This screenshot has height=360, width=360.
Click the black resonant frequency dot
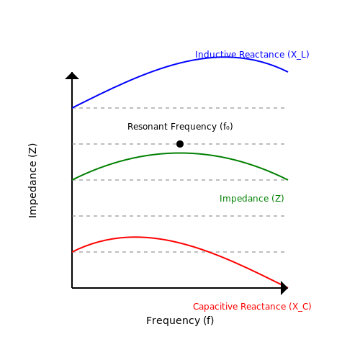click(180, 144)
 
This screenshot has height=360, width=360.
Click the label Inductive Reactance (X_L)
click(252, 55)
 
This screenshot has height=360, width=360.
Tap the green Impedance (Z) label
click(252, 199)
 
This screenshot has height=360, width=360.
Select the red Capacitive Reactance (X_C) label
click(252, 307)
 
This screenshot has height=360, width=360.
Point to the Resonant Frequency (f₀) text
click(180, 127)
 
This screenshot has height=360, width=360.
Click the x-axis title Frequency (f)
click(180, 320)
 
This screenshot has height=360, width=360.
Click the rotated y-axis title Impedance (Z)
click(33, 181)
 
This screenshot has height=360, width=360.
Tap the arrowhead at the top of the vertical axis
click(72, 76)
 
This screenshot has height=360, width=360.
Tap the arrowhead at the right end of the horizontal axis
click(284, 288)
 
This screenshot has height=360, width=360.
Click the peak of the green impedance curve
click(179, 153)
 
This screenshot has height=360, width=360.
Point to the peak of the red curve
click(134, 237)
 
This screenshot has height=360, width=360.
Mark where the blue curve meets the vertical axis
click(72, 108)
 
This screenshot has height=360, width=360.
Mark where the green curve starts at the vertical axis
click(72, 180)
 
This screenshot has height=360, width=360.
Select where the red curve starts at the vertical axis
click(72, 252)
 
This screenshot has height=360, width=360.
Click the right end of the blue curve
click(287, 72)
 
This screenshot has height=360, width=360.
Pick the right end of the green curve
click(287, 179)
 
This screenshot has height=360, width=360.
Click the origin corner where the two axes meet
click(72, 288)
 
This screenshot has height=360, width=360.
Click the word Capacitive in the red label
click(215, 307)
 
